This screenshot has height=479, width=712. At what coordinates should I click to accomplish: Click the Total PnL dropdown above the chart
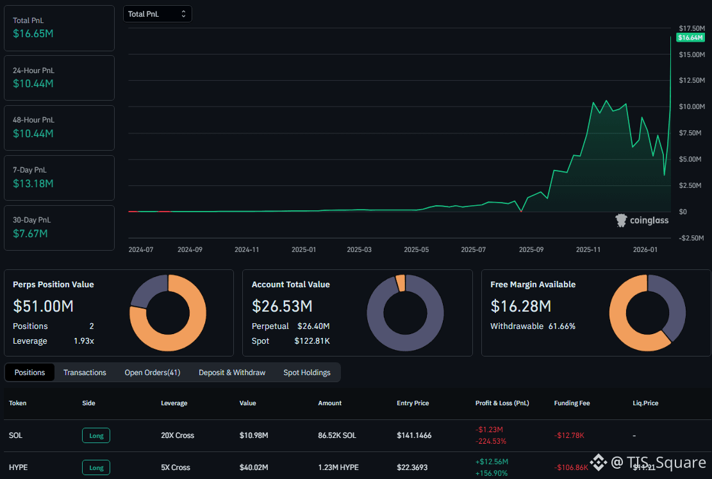(x=157, y=13)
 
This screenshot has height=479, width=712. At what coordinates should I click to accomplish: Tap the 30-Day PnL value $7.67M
(x=31, y=233)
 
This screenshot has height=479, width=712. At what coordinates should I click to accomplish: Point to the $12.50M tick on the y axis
(x=692, y=80)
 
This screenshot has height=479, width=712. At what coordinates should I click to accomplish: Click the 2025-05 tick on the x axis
(x=416, y=249)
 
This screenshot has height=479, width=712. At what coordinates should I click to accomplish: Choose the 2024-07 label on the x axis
(x=141, y=249)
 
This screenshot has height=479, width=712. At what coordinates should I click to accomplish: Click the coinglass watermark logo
(x=642, y=221)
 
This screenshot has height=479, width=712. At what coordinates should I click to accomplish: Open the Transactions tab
(x=85, y=373)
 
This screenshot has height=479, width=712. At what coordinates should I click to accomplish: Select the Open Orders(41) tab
(x=153, y=373)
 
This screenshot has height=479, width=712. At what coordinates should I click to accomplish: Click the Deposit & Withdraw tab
(x=232, y=373)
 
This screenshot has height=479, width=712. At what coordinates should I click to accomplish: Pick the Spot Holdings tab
(x=307, y=373)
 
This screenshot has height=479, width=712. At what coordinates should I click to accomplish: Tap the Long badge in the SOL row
(x=96, y=435)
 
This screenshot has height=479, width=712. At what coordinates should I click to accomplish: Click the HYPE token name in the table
(x=19, y=467)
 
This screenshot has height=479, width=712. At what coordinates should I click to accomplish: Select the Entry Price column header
(x=413, y=403)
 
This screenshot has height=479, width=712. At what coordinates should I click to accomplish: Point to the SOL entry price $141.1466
(x=414, y=435)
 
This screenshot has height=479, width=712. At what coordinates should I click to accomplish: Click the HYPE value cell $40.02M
(x=254, y=467)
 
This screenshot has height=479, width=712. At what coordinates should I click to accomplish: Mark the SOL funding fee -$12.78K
(x=569, y=435)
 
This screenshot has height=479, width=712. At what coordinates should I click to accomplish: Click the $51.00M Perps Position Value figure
(x=44, y=306)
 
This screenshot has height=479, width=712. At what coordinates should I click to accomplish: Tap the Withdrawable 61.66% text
(x=533, y=326)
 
